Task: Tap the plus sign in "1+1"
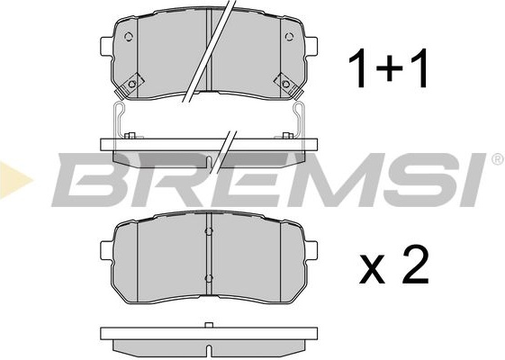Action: click(390, 68)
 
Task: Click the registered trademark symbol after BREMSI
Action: click(497, 159)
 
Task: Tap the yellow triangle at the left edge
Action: click(15, 179)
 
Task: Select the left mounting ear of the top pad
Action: click(106, 46)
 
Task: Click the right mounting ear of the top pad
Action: click(311, 46)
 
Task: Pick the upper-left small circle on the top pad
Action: click(128, 37)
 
